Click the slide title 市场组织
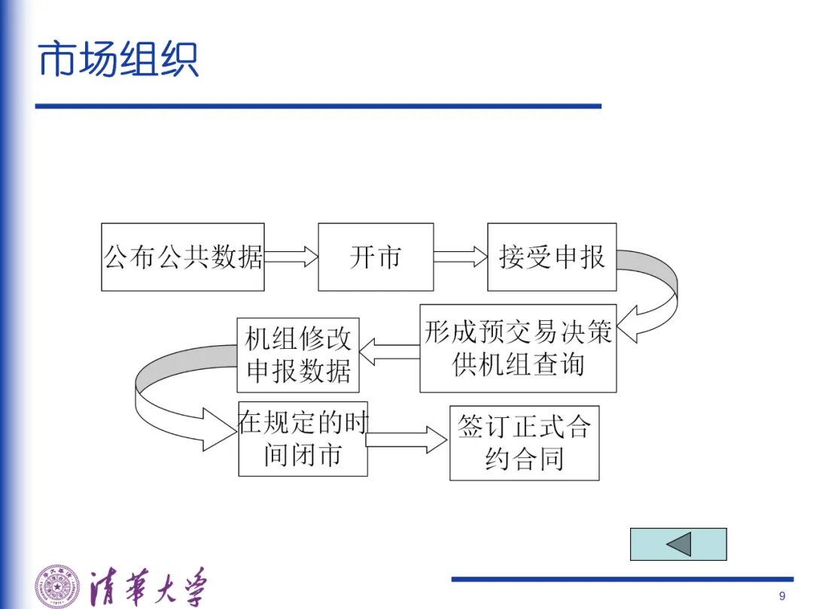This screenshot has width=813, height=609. click(118, 59)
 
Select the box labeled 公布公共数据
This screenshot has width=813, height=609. click(183, 257)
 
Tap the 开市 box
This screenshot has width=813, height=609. click(376, 257)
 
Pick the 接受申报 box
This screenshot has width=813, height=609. click(552, 257)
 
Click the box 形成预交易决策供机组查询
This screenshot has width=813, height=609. click(518, 348)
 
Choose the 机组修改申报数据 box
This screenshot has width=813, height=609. click(298, 355)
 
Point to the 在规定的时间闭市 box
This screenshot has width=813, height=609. click(303, 439)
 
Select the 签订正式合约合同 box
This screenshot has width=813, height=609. click(524, 443)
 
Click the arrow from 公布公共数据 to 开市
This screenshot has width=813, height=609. click(291, 257)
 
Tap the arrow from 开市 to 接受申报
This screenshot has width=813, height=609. click(461, 257)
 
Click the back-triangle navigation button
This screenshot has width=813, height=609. click(678, 544)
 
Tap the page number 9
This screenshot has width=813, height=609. click(782, 596)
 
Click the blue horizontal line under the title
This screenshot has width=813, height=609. click(318, 106)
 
